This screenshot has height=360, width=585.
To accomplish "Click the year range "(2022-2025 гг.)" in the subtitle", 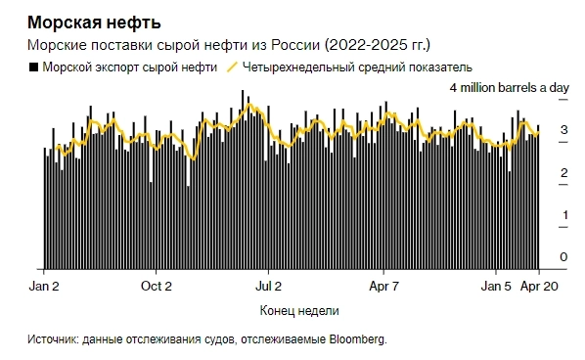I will point(376,46).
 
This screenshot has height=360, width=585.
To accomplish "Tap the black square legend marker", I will point(34,68).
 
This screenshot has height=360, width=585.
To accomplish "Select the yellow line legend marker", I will point(232,68).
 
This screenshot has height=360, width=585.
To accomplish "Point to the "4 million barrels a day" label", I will point(509,88).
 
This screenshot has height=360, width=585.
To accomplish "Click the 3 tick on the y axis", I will point(562,130).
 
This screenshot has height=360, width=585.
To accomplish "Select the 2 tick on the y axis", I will point(562,173).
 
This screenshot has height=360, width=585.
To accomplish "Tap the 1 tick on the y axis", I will point(562,215).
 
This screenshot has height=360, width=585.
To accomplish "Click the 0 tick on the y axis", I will point(562,257).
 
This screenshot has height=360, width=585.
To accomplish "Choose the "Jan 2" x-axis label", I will point(45,287).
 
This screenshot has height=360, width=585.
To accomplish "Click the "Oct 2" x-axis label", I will point(157,287).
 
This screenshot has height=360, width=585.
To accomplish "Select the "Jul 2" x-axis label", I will point(269,287).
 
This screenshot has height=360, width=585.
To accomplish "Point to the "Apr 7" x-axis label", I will point(382,287).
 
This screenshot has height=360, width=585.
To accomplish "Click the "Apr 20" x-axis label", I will point(539,287).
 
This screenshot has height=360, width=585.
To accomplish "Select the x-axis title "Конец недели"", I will point(299,311).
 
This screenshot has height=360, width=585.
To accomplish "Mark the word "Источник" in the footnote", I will point(53,339).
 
